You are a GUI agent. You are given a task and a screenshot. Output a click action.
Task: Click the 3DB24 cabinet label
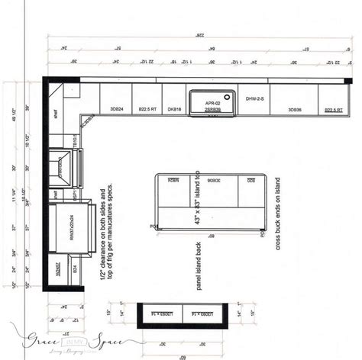point(116,110)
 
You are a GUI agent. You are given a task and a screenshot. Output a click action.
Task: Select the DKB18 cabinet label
point(174,110)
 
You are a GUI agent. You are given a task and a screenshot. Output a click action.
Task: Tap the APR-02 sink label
point(212,102)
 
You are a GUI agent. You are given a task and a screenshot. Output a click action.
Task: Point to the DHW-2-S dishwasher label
point(255,98)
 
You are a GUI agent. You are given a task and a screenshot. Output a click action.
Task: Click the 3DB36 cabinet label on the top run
point(294,110)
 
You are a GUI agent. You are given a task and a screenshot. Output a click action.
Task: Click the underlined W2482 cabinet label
point(57,268)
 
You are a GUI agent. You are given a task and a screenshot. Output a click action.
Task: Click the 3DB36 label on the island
point(217,180)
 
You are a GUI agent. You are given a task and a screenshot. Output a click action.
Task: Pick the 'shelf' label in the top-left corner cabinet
point(56,111)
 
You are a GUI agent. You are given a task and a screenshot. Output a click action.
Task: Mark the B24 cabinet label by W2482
point(73,268)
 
